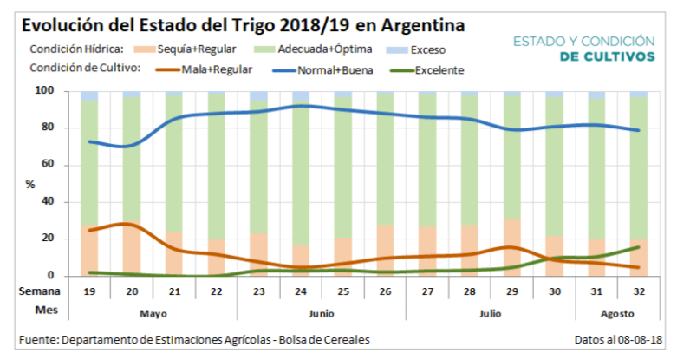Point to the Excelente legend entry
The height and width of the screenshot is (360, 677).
coord(439,70)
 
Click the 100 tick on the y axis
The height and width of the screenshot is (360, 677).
coord(66,91)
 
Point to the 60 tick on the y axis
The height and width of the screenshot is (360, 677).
coord(69,165)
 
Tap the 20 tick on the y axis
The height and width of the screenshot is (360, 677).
coord(69,239)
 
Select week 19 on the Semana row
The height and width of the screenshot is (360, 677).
coord(90,292)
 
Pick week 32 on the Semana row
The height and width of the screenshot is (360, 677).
coord(639,292)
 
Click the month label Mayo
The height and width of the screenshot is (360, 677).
coord(153,311)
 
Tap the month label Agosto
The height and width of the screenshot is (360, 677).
coord(618,311)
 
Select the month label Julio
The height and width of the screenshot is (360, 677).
coord(491,311)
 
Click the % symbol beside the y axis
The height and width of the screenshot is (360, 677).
coord(32,184)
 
